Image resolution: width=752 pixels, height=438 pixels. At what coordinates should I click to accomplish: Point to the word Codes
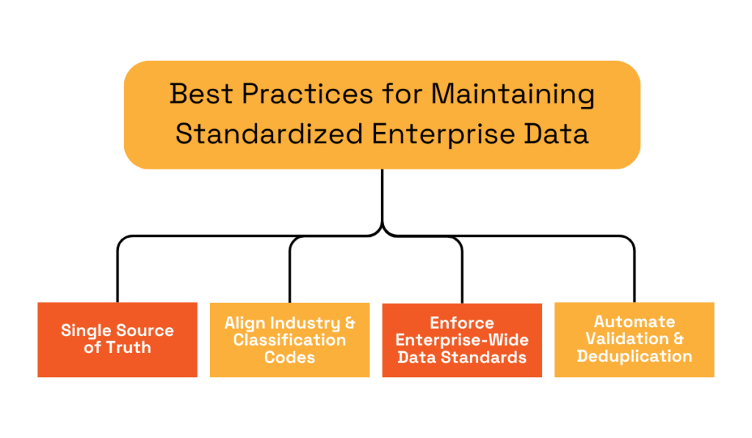tap(289, 357)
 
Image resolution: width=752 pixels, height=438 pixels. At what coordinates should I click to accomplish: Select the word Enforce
tap(462, 323)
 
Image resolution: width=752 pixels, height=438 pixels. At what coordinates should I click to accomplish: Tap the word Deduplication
tap(634, 356)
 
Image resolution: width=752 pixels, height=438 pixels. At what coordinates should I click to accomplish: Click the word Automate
tap(634, 321)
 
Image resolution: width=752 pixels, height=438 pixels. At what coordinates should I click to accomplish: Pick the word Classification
tap(289, 340)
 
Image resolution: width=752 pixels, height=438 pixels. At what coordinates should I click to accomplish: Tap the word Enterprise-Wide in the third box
tap(462, 340)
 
